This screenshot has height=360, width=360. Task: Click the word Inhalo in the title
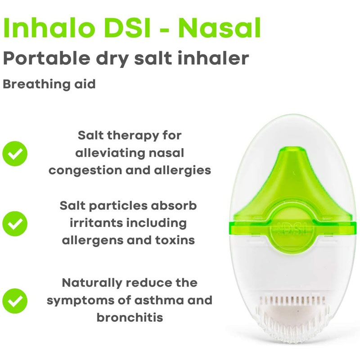(x=50, y=28)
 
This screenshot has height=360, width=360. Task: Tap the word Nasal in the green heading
(x=220, y=28)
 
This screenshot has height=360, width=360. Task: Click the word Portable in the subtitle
(x=47, y=58)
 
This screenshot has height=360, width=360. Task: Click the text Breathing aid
(x=49, y=84)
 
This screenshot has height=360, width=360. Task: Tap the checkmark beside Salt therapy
(x=15, y=153)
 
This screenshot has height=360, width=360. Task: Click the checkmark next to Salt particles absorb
(x=15, y=224)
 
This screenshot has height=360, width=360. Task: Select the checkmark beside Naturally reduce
(x=15, y=301)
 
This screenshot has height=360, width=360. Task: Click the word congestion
(x=85, y=171)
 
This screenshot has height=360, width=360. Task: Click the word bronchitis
(x=130, y=318)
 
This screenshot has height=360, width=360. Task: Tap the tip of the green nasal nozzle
(x=293, y=148)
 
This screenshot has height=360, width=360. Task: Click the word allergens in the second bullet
(x=91, y=241)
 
